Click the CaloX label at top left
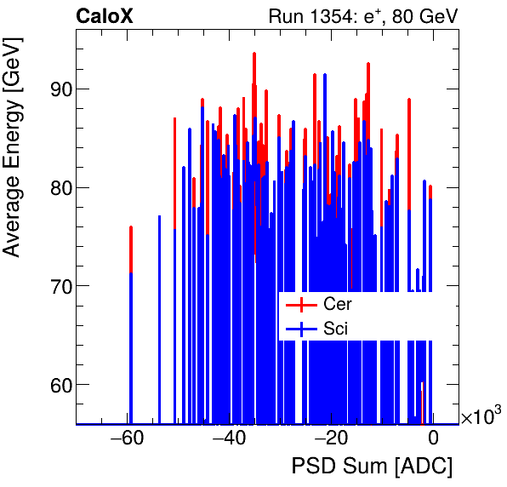[x=105, y=15]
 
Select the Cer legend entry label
[x=337, y=304]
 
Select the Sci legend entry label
[x=335, y=328]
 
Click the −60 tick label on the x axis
[x=127, y=439]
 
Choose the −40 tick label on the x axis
[x=229, y=439]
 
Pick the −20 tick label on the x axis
[x=331, y=439]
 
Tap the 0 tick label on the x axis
[x=433, y=439]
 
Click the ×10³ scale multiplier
[x=481, y=416]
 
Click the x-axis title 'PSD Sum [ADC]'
[x=372, y=467]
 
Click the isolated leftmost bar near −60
[x=131, y=324]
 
